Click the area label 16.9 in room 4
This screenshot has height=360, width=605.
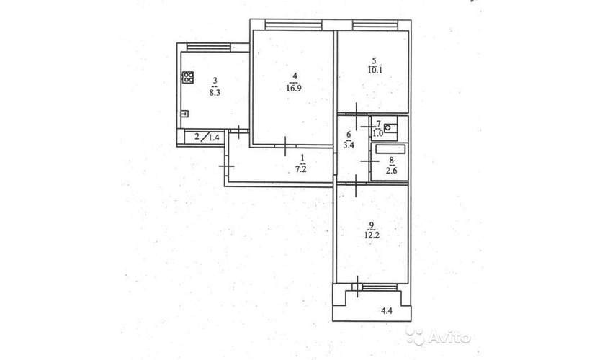click(294, 88)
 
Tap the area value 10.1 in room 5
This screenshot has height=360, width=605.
click(375, 70)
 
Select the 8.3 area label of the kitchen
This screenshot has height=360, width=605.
click(215, 93)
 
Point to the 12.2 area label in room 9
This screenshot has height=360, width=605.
click(371, 235)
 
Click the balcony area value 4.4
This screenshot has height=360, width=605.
click(387, 310)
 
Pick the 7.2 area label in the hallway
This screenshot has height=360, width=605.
click(301, 168)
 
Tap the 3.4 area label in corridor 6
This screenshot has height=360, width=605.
click(349, 145)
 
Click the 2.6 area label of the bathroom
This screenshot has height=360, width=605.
click(391, 170)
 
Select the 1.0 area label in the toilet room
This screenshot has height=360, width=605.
click(377, 133)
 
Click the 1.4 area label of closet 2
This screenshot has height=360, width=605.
click(214, 137)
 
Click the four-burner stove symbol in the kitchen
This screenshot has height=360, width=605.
click(188, 78)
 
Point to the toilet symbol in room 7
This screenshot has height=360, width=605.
click(390, 127)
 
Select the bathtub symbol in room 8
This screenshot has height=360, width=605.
click(390, 149)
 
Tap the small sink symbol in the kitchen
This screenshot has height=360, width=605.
click(185, 114)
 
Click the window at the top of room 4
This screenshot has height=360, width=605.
click(294, 25)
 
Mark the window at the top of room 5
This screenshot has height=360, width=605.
click(375, 25)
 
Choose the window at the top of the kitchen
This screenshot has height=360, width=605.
click(208, 48)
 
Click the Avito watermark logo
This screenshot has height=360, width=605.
click(439, 337)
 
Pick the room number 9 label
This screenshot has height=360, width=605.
click(371, 225)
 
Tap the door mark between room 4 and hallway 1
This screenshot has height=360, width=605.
click(285, 146)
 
